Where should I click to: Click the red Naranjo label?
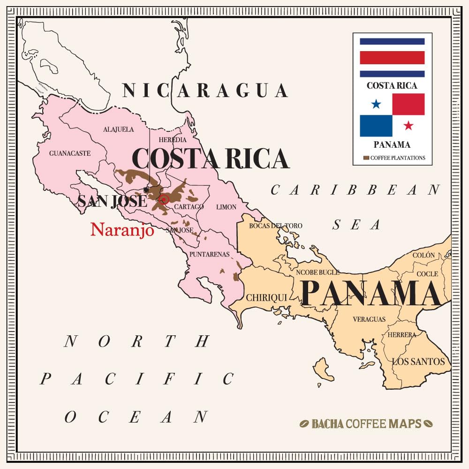point(122,229)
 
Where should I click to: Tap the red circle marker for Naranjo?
point(164,200)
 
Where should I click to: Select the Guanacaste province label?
point(70,153)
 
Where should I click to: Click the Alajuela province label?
point(118,129)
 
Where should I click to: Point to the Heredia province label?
point(172,140)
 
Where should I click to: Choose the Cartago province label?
point(189,207)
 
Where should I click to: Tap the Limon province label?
point(226,207)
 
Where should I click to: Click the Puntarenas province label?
point(209,255)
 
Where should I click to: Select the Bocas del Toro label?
point(275,226)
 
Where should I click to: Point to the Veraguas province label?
point(369,319)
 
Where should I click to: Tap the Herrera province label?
point(401,335)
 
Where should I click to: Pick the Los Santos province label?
point(418,362)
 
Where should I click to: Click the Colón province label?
point(424,256)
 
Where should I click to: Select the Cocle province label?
point(427,273)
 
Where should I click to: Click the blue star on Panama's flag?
point(376,104)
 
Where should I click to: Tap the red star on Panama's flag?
point(408,126)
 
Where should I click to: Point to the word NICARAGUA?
point(205,91)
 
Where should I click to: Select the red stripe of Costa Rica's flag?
point(392,57)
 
